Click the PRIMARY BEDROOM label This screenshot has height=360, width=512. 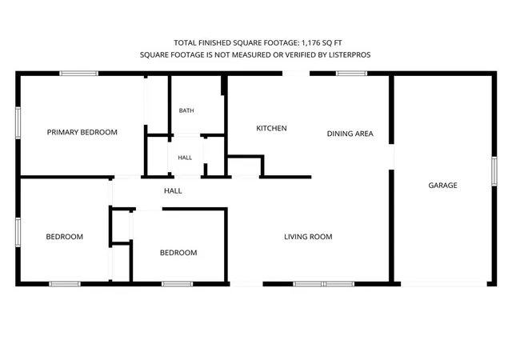click(82, 132)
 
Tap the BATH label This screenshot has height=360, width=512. click(186, 110)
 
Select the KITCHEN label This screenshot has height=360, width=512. click(271, 128)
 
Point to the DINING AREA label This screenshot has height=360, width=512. click(350, 134)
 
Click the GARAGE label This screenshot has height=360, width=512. click(442, 186)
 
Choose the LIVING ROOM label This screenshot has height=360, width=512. click(308, 237)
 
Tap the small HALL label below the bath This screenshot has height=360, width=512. click(185, 158)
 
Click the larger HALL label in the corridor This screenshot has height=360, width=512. click(173, 190)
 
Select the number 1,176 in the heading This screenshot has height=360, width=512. click(310, 42)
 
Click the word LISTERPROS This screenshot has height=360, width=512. click(350, 55)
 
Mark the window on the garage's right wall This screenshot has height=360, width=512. click(494, 171)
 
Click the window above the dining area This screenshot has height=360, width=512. click(352, 74)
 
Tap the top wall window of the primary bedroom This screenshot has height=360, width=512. click(78, 74)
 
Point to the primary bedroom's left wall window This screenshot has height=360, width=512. click(18, 122)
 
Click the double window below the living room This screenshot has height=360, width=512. click(323, 284)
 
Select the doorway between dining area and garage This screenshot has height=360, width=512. click(391, 157)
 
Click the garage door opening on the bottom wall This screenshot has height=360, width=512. click(444, 284)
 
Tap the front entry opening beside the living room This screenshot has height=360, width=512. click(246, 284)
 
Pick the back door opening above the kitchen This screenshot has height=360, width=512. click(296, 74)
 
